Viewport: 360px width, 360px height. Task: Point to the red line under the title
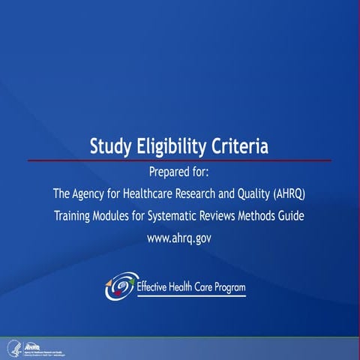[180, 160]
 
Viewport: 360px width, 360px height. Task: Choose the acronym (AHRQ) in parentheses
[291, 195]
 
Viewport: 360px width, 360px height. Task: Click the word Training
[74, 217]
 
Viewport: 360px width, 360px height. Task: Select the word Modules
[119, 217]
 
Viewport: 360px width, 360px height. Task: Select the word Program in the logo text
[226, 286]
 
